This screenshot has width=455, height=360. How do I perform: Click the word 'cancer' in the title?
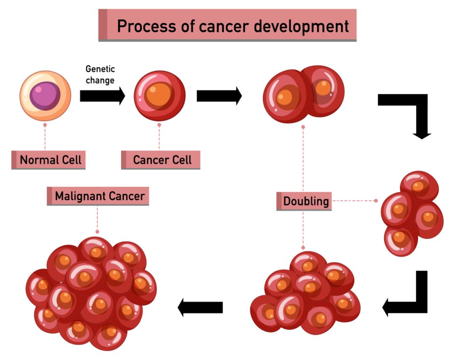tap(218, 26)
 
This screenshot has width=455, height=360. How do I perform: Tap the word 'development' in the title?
tap(302, 26)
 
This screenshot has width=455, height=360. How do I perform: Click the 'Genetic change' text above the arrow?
tap(100, 75)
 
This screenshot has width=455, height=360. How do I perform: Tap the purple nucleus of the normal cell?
tap(45, 94)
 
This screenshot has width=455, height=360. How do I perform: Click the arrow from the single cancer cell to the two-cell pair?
tap(219, 96)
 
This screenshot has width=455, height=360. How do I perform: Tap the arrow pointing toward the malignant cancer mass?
tap(200, 307)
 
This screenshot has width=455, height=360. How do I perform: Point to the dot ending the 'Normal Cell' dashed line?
tap(45, 125)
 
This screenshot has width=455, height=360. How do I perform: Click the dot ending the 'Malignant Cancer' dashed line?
tap(97, 232)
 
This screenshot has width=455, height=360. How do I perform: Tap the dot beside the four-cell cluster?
tap(376, 201)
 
